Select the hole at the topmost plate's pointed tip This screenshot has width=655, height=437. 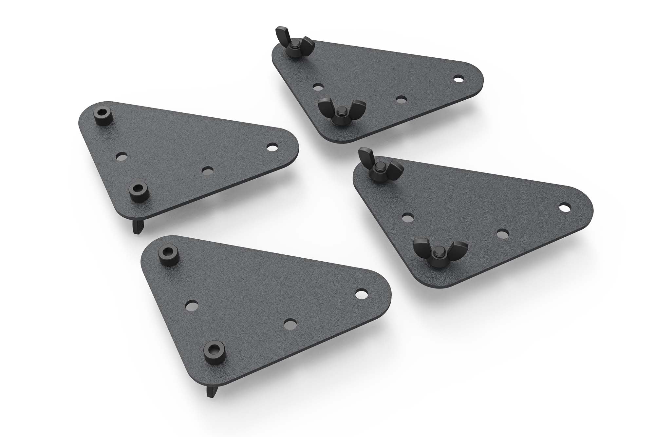[458, 78]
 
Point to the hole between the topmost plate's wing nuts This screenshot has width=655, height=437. [317, 87]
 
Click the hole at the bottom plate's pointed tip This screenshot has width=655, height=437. [361, 294]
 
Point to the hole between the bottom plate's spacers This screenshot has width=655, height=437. [190, 305]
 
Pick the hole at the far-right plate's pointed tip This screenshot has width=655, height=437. [564, 208]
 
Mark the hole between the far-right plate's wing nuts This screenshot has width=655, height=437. [407, 217]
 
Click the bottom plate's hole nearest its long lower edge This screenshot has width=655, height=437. [289, 324]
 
